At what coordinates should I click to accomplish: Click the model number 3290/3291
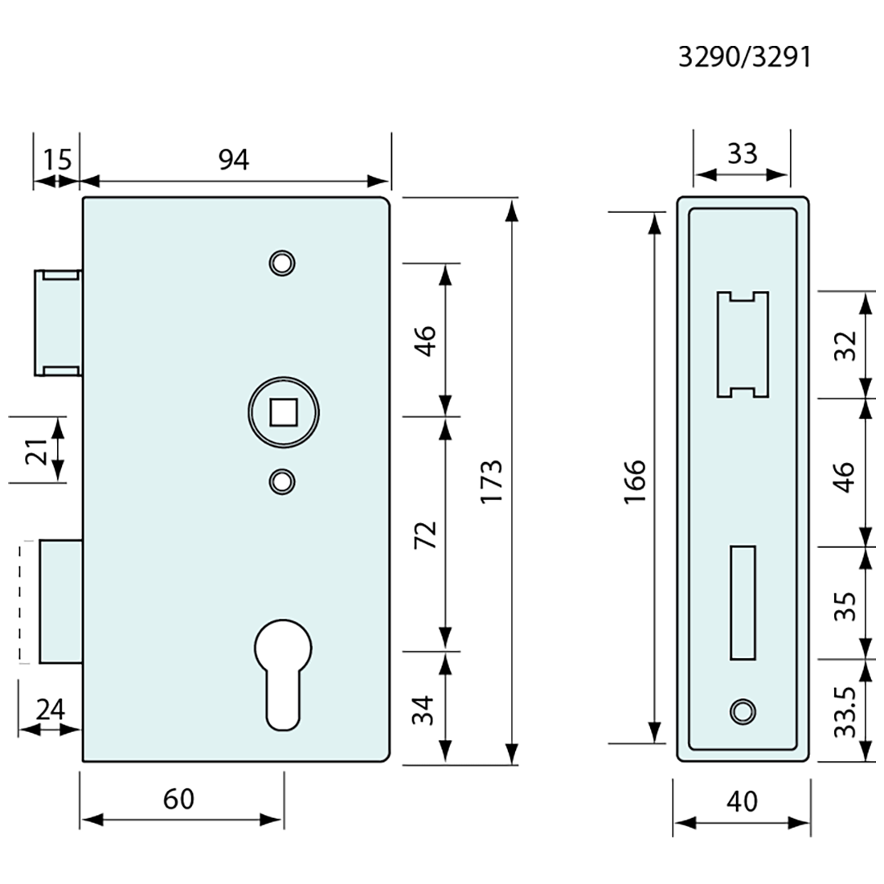coord(744,58)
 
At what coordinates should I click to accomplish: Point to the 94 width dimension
coord(234,160)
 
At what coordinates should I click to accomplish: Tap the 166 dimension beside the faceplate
coord(635,481)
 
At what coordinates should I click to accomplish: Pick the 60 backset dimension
coord(178,799)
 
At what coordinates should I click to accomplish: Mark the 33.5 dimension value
coord(844,710)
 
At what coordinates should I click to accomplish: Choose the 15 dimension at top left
coord(56,160)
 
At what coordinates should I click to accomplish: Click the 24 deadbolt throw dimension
coord(50,710)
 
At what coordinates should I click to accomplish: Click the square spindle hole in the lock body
coord(282,413)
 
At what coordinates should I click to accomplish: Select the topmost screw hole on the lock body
coord(282,263)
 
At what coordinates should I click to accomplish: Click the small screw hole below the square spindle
coord(281,481)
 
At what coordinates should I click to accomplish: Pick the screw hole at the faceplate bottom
coord(742,710)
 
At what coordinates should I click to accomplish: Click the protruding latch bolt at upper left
coord(57,323)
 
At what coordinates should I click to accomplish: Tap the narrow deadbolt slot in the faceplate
coord(743,603)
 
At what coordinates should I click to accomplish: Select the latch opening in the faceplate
coord(743,344)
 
